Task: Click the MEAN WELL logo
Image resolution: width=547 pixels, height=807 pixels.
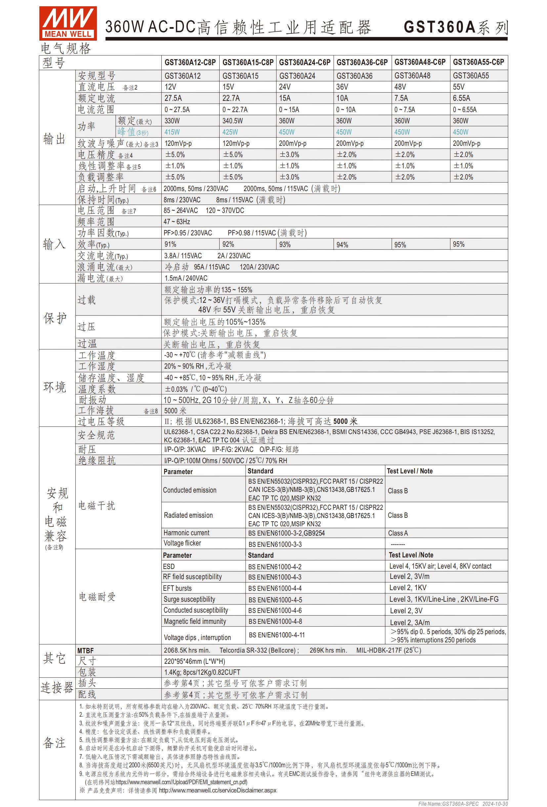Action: pos(68,23)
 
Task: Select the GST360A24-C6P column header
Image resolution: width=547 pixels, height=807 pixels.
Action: pos(305,62)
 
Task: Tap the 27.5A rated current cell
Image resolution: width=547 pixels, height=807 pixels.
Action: pos(173,98)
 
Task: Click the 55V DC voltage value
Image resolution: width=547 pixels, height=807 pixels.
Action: pos(458,87)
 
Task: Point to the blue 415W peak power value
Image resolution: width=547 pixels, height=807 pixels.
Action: pos(172,132)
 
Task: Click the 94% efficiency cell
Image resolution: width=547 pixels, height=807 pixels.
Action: pos(342,245)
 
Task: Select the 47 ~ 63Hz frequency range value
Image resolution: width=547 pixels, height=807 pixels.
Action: pos(177,222)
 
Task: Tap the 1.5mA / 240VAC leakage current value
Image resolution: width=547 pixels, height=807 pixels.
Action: pos(186,278)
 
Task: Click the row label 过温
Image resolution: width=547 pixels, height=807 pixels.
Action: pos(87,344)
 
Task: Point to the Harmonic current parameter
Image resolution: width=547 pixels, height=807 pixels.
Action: pos(187,533)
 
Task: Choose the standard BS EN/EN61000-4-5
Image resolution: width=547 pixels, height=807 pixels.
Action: pos(275,600)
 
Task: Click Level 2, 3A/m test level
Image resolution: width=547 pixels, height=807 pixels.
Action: pos(409,622)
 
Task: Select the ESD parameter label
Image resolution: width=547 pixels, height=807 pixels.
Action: pos(169,566)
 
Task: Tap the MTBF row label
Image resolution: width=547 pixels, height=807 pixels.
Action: pos(85,650)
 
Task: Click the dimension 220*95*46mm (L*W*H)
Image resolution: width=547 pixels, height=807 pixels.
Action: pos(194,661)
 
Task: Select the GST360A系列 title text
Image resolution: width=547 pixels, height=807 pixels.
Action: pos(456,27)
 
